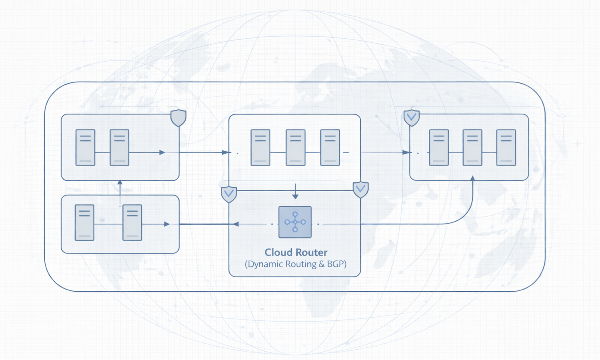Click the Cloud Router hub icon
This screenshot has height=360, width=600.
click(x=295, y=222)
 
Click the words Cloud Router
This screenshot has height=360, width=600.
click(x=296, y=252)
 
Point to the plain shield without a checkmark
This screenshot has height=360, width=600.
click(x=178, y=118)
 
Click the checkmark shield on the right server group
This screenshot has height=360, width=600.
click(x=412, y=118)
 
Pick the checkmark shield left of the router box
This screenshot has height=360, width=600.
click(x=229, y=194)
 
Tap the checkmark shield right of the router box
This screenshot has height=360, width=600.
click(x=360, y=189)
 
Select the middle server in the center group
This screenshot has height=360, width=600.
click(x=296, y=147)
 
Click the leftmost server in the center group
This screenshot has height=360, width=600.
click(x=260, y=147)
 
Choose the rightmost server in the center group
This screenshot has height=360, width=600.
click(x=330, y=147)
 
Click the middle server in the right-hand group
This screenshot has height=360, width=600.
click(x=472, y=147)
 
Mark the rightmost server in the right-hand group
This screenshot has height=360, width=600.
click(x=506, y=147)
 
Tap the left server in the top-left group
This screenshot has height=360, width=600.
click(x=86, y=147)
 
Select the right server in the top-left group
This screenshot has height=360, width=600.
click(x=120, y=147)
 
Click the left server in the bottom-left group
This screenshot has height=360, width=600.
click(x=84, y=222)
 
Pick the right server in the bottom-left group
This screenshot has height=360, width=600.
click(x=132, y=222)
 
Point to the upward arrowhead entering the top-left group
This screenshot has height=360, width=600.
click(x=120, y=182)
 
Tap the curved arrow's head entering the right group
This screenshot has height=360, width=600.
click(x=472, y=178)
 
